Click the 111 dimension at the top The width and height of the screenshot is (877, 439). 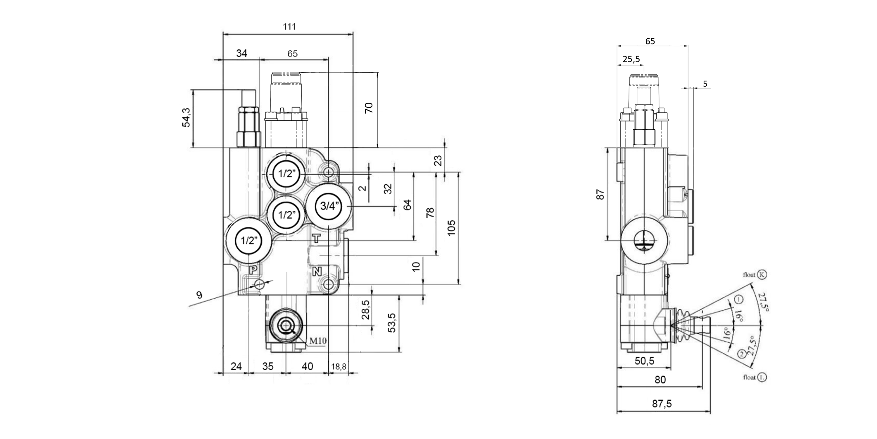click(x=289, y=26)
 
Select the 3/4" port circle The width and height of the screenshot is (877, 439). click(x=329, y=206)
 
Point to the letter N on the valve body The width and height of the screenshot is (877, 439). click(x=317, y=271)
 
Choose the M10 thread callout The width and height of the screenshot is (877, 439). click(x=318, y=340)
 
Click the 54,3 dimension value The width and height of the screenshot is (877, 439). click(x=187, y=117)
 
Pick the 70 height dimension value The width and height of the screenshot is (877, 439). click(x=369, y=108)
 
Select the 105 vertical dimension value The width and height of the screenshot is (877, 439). click(x=451, y=228)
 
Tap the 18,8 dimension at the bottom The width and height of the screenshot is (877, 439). click(x=339, y=366)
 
